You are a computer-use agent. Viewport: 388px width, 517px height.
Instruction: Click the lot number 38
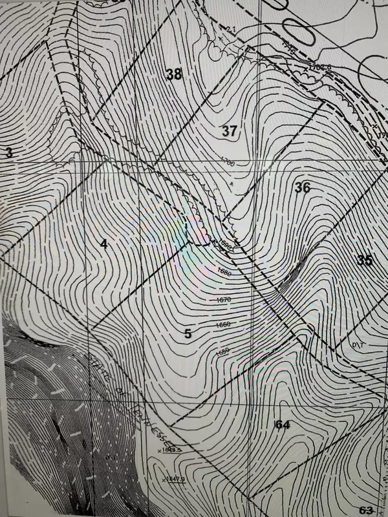coord(174,74)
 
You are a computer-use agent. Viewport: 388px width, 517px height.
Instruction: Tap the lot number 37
coord(230,131)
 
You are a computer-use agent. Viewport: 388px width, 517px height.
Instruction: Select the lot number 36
coord(302,187)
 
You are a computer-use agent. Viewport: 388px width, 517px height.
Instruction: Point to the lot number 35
coord(365,260)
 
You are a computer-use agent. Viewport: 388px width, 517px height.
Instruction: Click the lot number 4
coord(103,244)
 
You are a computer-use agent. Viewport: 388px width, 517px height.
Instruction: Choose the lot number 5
coord(188,333)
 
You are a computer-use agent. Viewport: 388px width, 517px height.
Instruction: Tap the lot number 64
coord(281,424)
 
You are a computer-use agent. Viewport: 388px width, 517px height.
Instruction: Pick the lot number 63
coord(366,510)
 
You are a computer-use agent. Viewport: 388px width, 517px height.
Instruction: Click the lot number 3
coord(8,153)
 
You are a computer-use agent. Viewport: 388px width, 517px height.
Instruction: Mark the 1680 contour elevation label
coord(224,273)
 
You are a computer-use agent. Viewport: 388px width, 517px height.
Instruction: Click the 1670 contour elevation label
coord(224,300)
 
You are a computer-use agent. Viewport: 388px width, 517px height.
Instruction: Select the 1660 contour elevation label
coord(223,325)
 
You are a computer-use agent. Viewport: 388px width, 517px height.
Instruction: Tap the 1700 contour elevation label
coord(226,163)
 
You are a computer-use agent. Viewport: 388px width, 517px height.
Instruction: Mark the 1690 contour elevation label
coord(225,246)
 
